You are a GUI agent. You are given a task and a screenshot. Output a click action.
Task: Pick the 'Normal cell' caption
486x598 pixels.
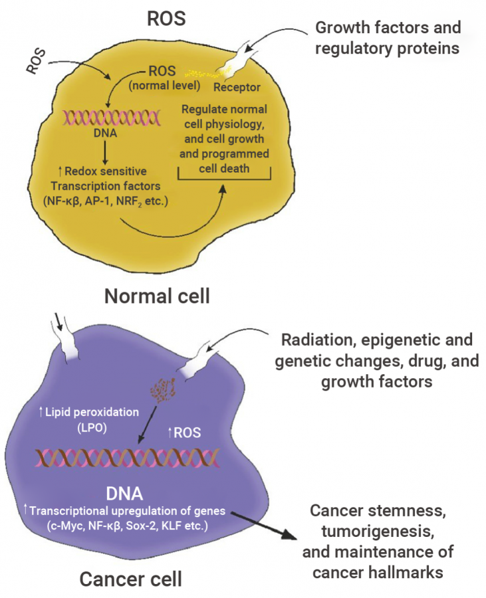tap(157, 295)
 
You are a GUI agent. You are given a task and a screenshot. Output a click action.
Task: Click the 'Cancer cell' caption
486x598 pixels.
tap(130, 579)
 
